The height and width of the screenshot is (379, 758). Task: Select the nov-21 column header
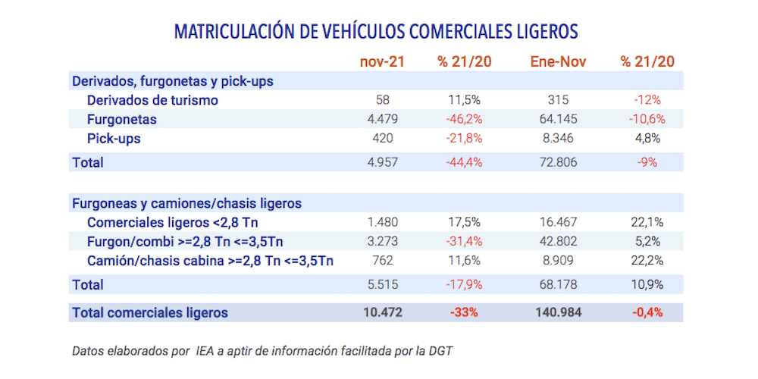382,61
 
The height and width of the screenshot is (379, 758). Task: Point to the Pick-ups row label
114,139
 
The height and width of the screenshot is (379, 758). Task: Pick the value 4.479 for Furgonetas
382,119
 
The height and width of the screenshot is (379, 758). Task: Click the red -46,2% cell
465,119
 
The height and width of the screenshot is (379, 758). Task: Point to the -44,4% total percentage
465,162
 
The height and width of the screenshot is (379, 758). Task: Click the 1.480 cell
382,222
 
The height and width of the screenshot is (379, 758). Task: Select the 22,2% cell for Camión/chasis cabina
647,262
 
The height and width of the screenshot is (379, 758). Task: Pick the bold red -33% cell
465,312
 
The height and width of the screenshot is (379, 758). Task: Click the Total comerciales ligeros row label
149,312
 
